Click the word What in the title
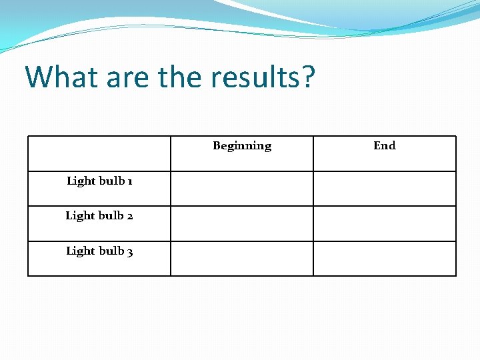click(57, 77)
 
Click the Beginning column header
click(242, 146)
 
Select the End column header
click(385, 146)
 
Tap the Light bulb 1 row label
click(99, 181)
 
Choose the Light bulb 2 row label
click(99, 216)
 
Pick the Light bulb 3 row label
click(99, 251)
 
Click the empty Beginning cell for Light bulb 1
click(242, 189)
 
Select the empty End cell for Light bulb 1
click(385, 189)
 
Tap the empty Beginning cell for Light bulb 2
click(242, 223)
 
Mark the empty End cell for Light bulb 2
click(385, 223)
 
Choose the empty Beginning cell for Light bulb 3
click(242, 259)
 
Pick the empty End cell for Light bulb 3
click(385, 259)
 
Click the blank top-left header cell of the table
click(99, 153)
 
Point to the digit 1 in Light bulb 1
click(129, 181)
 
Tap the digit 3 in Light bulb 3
click(130, 252)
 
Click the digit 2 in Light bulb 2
click(129, 216)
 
